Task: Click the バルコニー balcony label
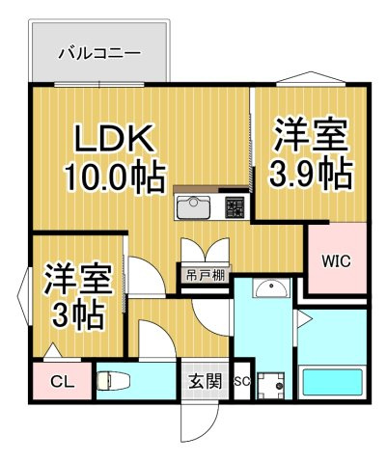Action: [99, 53]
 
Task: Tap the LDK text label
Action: [114, 138]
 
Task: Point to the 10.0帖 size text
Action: [116, 177]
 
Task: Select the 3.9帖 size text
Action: [311, 173]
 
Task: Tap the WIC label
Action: [337, 260]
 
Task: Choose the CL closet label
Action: [63, 383]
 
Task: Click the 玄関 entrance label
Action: [206, 382]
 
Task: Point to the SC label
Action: [241, 382]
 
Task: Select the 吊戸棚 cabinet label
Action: [206, 276]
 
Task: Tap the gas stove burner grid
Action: [235, 207]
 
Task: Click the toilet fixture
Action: [113, 381]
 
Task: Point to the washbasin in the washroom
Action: [271, 288]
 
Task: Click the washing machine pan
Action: [272, 385]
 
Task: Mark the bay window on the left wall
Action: [23, 296]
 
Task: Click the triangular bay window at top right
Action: [311, 78]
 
